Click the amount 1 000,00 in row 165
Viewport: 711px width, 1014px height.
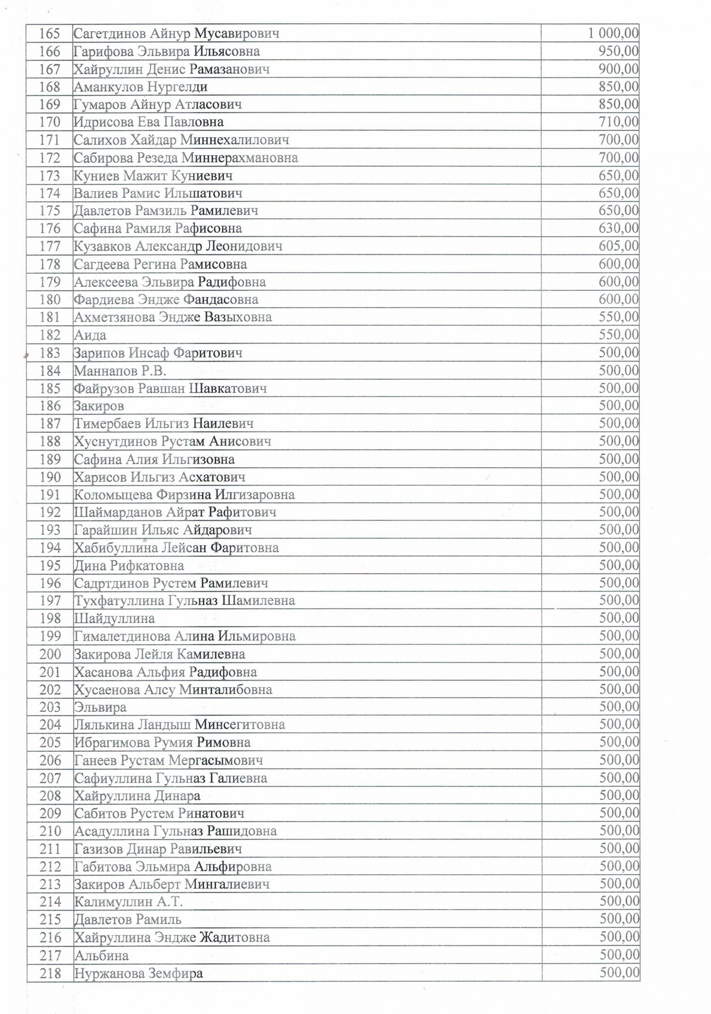613,33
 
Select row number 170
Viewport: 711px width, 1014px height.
49,122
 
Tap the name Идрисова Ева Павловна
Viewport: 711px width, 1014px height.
148,122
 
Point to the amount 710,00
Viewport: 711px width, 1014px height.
619,122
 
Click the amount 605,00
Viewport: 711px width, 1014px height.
619,246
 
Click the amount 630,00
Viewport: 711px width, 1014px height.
619,228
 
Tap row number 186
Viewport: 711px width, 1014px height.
49,405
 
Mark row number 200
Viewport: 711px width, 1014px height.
49,654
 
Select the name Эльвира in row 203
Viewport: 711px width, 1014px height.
100,707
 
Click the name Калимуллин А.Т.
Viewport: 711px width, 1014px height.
128,902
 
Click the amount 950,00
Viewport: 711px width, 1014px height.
619,51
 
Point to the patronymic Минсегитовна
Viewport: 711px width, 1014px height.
240,725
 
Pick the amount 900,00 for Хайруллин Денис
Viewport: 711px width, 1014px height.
619,69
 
